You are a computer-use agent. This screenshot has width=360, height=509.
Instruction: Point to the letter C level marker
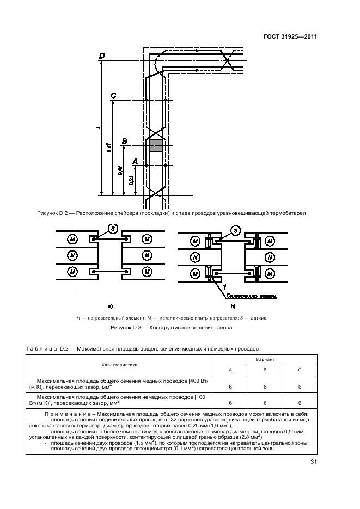coord(113,96)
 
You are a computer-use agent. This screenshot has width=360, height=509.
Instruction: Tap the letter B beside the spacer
coord(125,142)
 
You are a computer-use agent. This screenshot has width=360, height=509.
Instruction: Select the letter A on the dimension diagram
coord(135,162)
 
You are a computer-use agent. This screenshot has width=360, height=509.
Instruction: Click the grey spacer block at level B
coord(156,145)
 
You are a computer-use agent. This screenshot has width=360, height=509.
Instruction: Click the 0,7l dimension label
coord(108,148)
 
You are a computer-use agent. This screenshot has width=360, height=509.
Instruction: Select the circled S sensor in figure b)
coord(235,231)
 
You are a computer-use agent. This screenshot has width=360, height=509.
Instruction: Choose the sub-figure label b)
coord(233,306)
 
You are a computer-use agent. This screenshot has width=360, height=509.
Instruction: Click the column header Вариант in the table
coord(265,360)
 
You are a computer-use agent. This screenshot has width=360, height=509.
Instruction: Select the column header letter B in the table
coord(265,370)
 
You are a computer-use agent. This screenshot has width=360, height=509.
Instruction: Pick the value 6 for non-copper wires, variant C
coord(300,403)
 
